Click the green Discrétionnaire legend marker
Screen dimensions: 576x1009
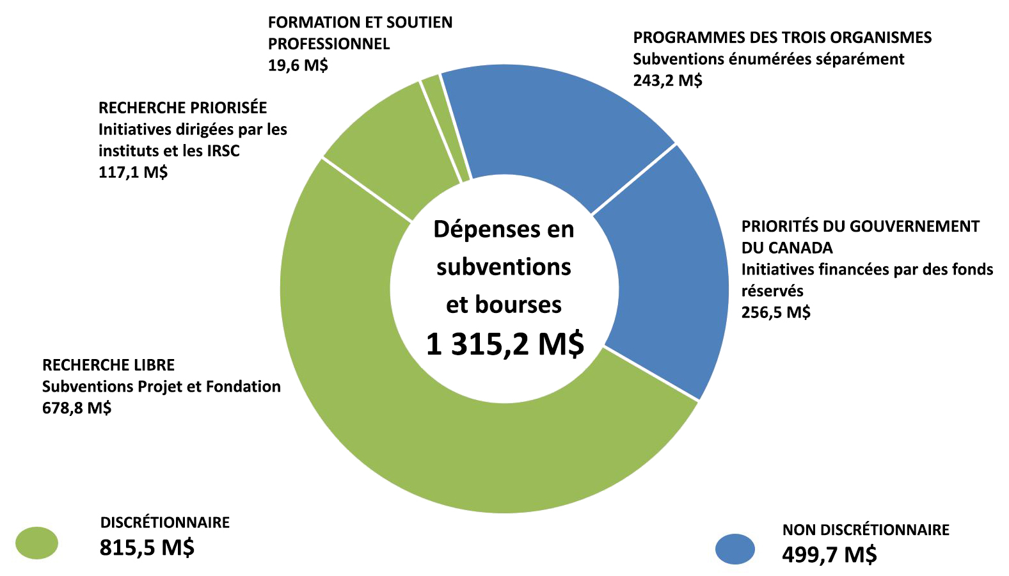pos(37,543)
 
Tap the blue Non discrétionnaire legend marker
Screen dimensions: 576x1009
pos(735,549)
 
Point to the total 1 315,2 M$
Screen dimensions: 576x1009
pos(505,344)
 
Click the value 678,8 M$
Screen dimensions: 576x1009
pos(77,408)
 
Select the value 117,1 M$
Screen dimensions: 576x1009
pos(133,172)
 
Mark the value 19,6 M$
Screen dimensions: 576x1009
pos(298,65)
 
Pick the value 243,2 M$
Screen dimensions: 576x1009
pos(667,81)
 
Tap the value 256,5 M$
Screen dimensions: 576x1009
pos(775,312)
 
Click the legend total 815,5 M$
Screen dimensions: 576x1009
pos(147,548)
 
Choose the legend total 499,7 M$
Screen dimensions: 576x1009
pos(829,554)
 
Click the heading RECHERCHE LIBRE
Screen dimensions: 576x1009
pos(108,365)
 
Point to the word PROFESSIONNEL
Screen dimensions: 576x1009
pos(329,44)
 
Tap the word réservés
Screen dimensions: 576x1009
pos(772,291)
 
